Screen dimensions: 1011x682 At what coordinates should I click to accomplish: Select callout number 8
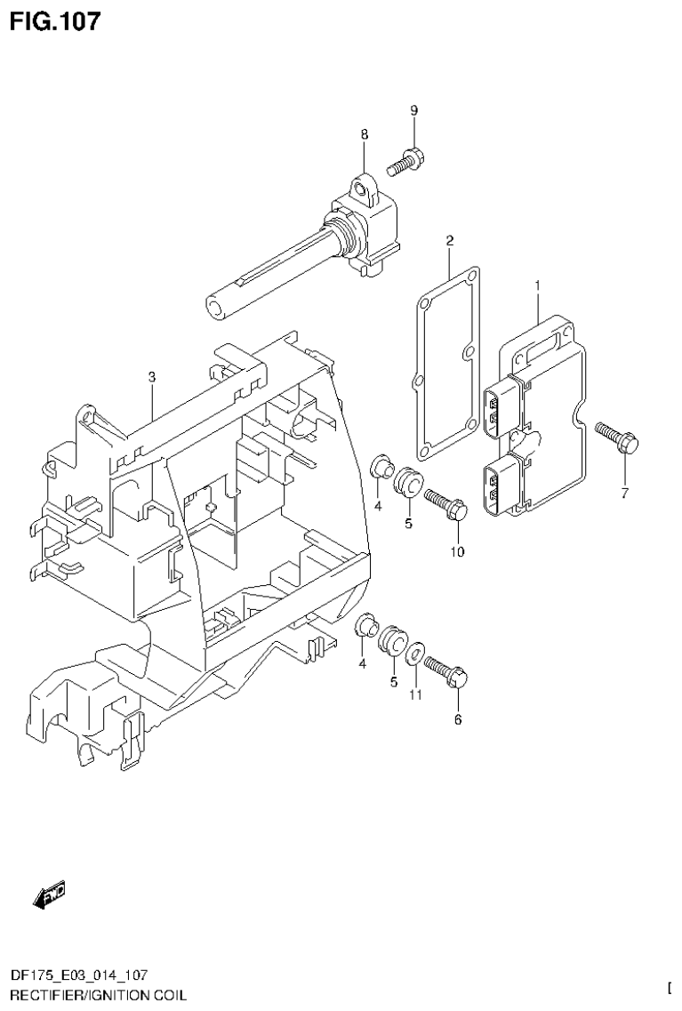pyautogui.click(x=364, y=134)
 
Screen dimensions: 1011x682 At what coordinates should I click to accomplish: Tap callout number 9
pyautogui.click(x=413, y=110)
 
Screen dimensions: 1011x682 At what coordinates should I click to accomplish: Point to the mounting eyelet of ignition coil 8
pyautogui.click(x=361, y=188)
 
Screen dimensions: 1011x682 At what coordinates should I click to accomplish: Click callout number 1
pyautogui.click(x=538, y=285)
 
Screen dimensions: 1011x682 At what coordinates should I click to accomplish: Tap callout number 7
pyautogui.click(x=624, y=493)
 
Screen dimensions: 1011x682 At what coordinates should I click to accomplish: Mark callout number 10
pyautogui.click(x=457, y=551)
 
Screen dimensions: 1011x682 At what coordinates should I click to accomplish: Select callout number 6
pyautogui.click(x=458, y=719)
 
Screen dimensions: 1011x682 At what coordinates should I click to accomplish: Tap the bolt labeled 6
pyautogui.click(x=446, y=671)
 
